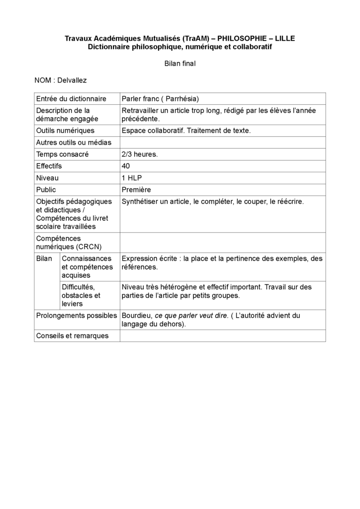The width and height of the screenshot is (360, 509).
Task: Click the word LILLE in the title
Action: coord(284,38)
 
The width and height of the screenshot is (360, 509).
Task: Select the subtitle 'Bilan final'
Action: coord(180,63)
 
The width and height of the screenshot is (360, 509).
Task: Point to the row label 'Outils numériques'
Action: coord(65,130)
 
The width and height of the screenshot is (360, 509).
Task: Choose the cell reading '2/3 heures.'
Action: coord(140,154)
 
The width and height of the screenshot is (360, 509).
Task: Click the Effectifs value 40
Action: coord(126,166)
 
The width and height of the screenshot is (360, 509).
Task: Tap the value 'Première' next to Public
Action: coord(136,189)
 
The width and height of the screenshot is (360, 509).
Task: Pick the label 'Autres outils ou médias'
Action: coord(74,142)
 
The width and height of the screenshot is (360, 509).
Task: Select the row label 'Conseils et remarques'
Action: coord(72,336)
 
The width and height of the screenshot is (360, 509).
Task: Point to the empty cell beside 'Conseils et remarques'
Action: coord(222,336)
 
